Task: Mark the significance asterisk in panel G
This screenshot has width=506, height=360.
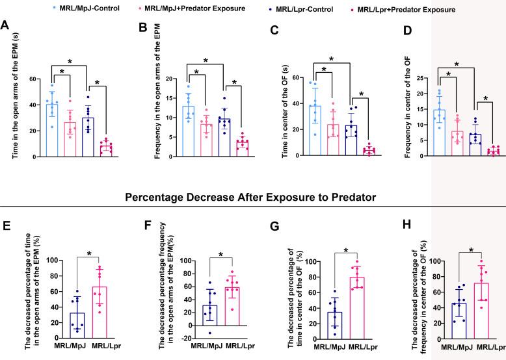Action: (x=346, y=250)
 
